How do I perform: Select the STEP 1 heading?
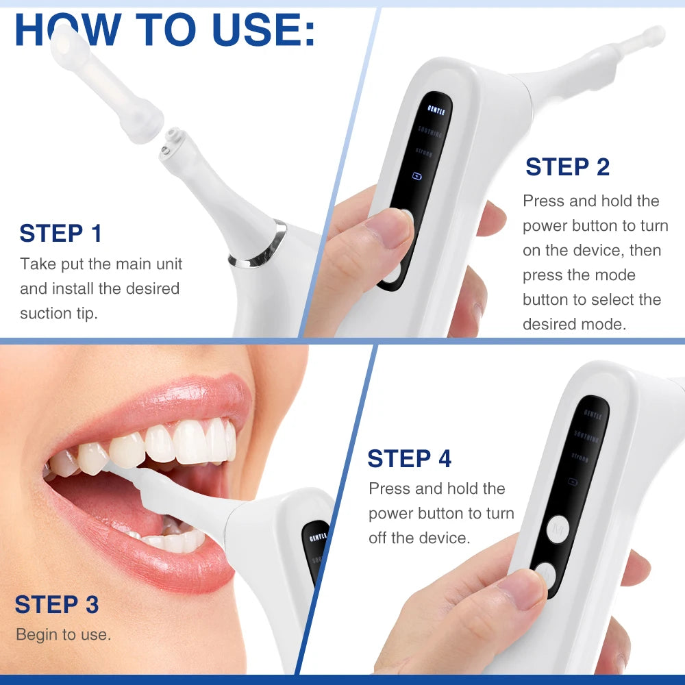(x=60, y=234)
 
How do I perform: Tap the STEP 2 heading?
(x=567, y=167)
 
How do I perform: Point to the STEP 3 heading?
(x=57, y=605)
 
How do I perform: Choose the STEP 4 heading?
(x=409, y=459)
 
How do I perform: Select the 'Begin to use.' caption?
(x=63, y=635)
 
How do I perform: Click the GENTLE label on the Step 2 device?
(x=436, y=110)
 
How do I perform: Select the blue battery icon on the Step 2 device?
(x=416, y=175)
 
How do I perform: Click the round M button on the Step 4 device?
(x=558, y=528)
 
